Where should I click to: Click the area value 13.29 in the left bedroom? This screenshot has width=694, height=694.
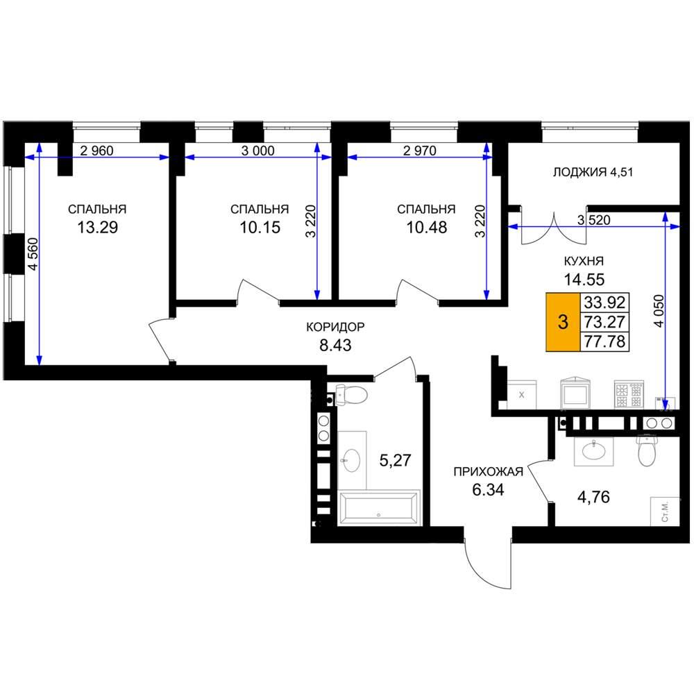[97, 228]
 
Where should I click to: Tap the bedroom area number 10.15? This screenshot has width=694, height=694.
[260, 228]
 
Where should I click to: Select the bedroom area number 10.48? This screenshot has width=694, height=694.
[427, 228]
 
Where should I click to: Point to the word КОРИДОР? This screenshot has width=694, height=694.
[335, 327]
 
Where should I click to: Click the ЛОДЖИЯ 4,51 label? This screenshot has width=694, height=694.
[593, 171]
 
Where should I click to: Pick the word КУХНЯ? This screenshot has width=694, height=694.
[584, 261]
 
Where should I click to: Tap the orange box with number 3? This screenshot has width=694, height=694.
[563, 322]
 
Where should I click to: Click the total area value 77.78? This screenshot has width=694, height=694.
[604, 341]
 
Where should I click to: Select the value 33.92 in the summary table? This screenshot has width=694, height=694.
[604, 303]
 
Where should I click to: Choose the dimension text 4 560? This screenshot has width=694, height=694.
[33, 254]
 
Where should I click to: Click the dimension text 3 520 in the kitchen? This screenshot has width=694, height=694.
[594, 220]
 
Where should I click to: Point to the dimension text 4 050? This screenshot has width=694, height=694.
[659, 311]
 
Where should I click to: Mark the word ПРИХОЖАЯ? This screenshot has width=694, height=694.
[488, 472]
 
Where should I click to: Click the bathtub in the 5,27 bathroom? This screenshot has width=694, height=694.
[378, 508]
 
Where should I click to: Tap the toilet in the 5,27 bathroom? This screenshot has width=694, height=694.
[351, 394]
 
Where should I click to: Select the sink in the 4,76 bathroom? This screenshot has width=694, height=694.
[593, 451]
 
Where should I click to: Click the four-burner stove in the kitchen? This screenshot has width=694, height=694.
[629, 394]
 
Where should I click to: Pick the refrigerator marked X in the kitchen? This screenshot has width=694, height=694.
[521, 395]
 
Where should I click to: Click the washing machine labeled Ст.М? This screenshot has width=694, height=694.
[665, 511]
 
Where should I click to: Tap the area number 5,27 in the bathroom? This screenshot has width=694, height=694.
[396, 461]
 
